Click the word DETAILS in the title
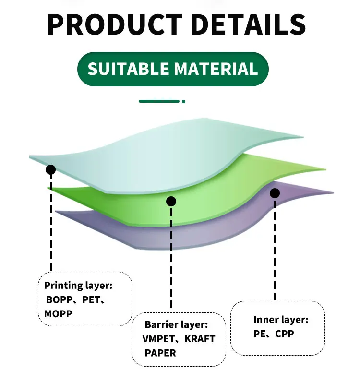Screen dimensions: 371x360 point(249,25)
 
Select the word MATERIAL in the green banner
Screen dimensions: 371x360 point(216,69)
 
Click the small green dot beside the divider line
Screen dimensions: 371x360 point(183,101)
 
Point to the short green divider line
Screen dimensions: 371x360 point(159,101)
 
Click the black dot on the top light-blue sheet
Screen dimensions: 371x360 point(50,169)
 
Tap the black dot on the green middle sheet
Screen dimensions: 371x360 point(171,202)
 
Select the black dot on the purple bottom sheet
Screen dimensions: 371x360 point(275,193)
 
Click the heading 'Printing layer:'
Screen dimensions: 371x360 point(78,286)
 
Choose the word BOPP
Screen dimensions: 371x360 point(59,300)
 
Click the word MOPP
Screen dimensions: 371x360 point(58,314)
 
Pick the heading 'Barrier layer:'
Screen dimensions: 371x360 point(177,325)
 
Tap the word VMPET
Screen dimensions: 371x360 point(158,339)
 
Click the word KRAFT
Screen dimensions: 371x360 point(200,339)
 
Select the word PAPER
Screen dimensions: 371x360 point(160,353)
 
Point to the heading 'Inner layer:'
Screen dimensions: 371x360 point(281,320)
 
